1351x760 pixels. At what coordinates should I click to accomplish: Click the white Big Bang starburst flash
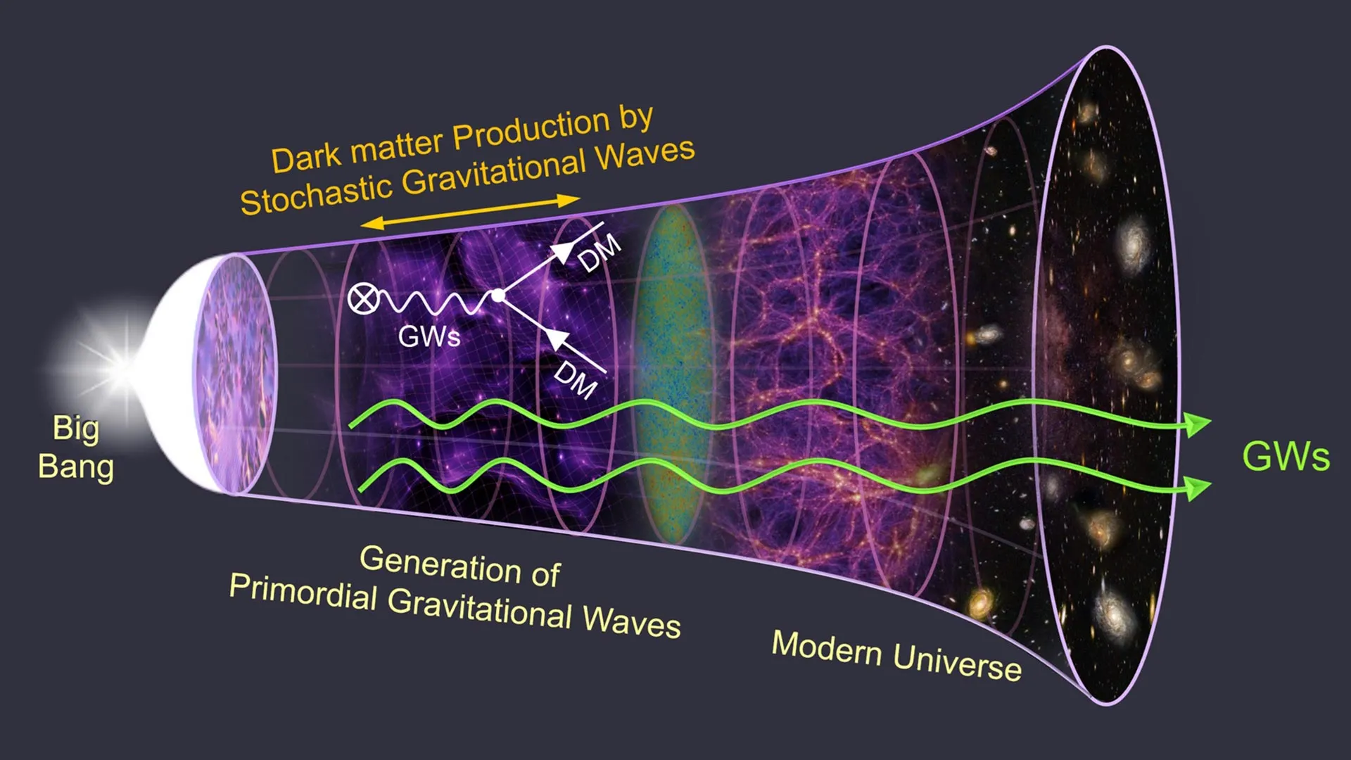121,366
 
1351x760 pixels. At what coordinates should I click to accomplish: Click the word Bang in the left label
76,467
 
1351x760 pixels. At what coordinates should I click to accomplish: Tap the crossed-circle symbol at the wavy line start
362,300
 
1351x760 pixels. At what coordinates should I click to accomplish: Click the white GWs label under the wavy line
429,336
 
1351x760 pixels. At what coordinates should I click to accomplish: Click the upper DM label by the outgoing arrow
600,253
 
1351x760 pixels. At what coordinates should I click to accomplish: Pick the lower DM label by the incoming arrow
576,381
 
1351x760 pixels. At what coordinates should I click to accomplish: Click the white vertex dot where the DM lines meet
497,296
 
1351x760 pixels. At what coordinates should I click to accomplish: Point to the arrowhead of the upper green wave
1196,424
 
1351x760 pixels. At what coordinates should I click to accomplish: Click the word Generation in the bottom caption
440,564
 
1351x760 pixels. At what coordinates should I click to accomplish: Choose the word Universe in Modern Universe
957,663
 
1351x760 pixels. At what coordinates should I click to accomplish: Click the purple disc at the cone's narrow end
236,373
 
